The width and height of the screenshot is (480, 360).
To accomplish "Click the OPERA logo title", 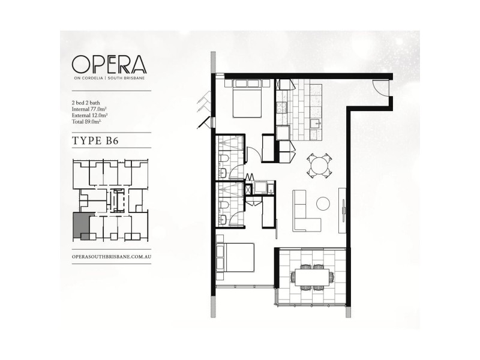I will (x=108, y=64).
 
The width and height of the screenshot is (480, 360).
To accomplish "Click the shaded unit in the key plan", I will (x=80, y=226).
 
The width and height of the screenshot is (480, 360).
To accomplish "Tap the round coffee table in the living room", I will (x=323, y=202).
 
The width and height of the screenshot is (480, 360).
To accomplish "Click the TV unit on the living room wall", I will (x=342, y=209).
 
